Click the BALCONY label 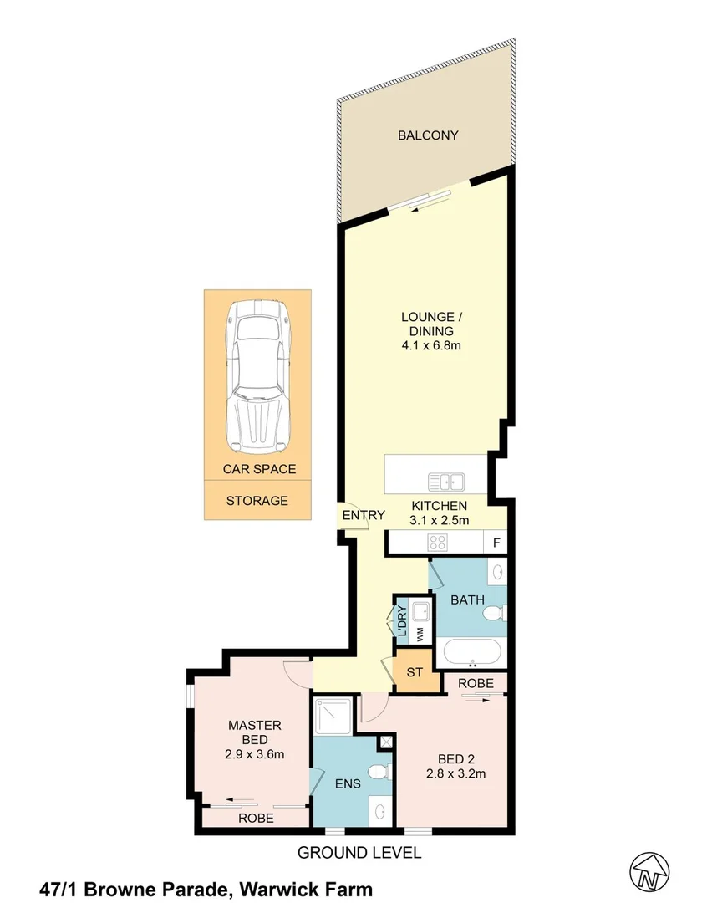point(428,135)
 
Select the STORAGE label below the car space point(257,501)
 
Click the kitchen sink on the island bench point(446,482)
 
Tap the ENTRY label point(364,515)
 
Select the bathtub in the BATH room point(473,652)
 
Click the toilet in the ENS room point(379,771)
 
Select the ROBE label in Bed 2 point(476,683)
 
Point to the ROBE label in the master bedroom point(256,819)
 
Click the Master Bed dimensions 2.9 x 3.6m point(256,754)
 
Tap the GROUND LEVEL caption point(359,853)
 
